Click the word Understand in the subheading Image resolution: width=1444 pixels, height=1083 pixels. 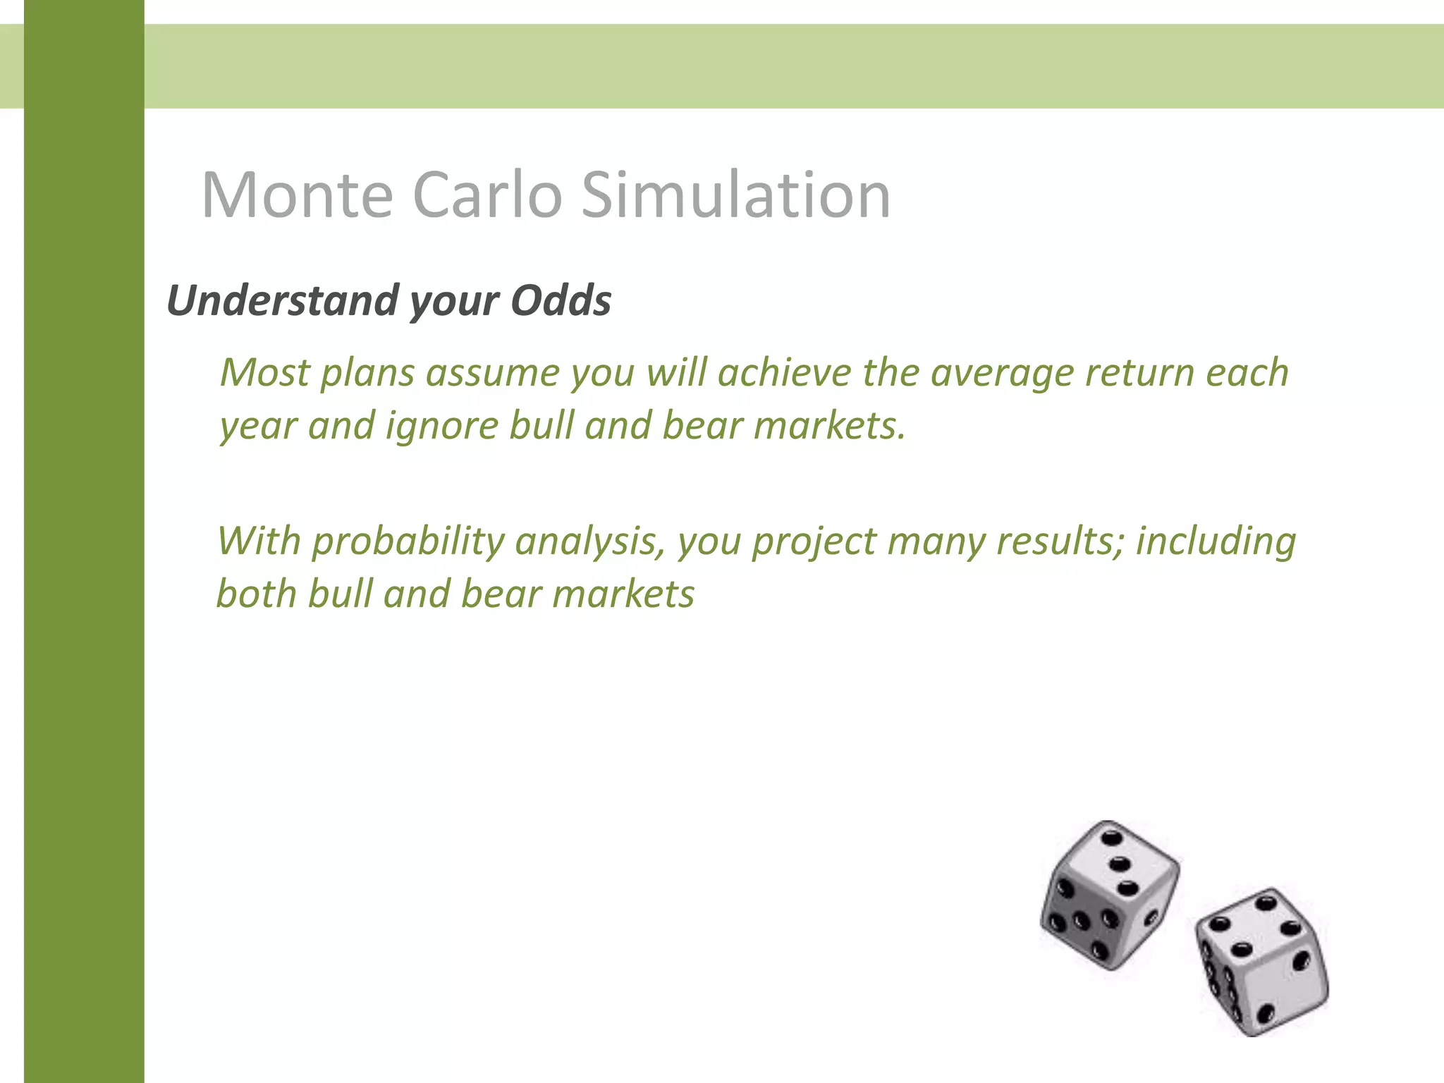point(282,300)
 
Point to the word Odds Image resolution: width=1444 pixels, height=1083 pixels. point(561,300)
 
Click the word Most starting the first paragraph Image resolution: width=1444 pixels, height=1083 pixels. point(264,372)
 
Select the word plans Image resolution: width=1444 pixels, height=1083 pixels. point(367,374)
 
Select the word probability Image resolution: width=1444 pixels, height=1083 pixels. point(408,542)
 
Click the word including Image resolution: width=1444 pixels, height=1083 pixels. point(1216,541)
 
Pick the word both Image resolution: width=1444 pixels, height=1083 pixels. point(257,594)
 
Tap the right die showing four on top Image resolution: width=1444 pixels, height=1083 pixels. point(1262,962)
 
